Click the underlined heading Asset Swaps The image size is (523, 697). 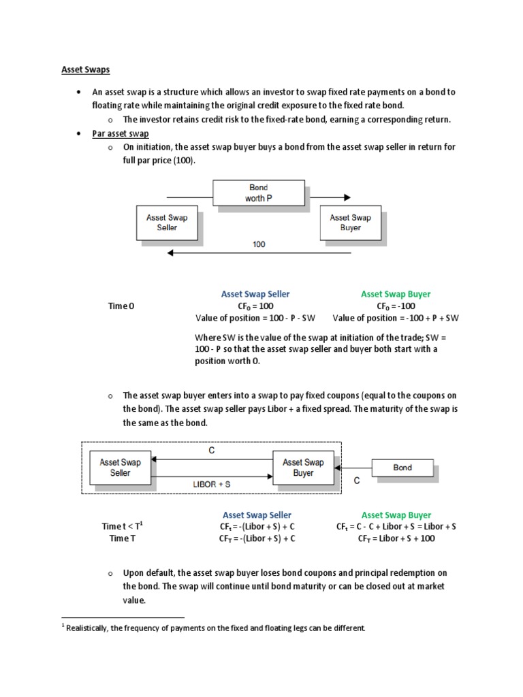pos(85,69)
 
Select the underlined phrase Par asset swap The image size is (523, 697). pos(121,133)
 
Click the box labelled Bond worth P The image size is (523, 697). pos(258,193)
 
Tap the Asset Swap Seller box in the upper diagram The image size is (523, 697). pos(167,222)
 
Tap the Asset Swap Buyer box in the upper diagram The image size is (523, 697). pos(350,222)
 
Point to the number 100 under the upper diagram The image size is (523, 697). pos(259,244)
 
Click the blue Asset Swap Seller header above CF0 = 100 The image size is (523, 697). pos(255,294)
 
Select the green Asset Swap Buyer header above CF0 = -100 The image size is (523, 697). pos(396,294)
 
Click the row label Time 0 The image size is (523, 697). pos(122,306)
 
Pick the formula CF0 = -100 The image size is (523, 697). pos(396,306)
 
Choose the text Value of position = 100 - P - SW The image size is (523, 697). pos(256,318)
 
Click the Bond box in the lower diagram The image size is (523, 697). pos(402,468)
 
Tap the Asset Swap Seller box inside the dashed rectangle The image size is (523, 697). pos(121,467)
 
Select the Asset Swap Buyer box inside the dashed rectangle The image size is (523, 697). pos(303,467)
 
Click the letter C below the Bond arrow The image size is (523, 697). pos(356,481)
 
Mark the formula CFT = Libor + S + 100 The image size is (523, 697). pos(396,538)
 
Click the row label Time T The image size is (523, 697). pos(123,538)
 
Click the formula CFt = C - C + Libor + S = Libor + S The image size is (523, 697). pos(396,527)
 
